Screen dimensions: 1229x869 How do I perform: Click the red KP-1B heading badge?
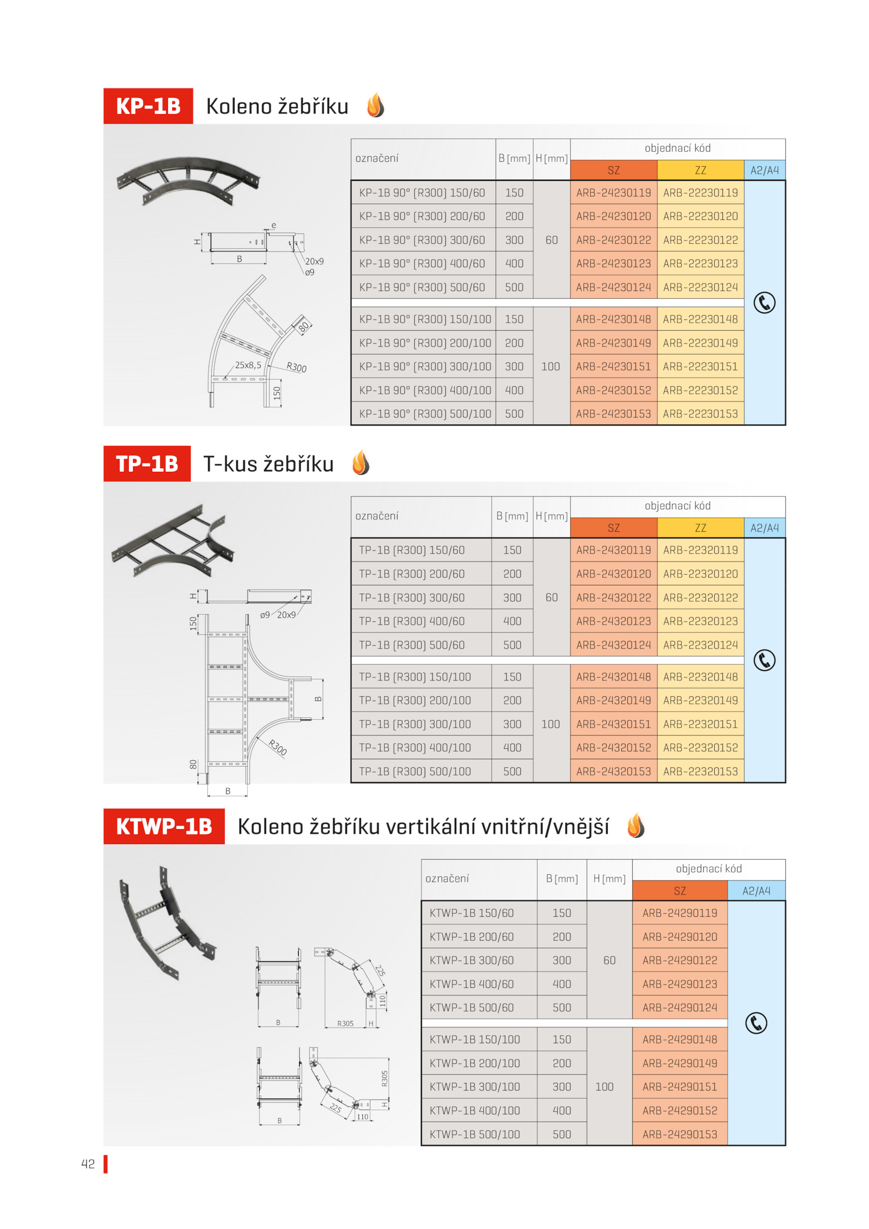148,106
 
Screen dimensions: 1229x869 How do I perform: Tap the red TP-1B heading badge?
147,463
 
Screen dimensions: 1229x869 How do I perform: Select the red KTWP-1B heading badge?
163,826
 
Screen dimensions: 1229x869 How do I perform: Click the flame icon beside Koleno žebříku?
375,105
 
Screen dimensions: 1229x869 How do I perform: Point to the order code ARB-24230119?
613,193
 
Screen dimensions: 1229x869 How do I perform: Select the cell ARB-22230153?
700,414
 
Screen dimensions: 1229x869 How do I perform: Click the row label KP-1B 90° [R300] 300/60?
421,240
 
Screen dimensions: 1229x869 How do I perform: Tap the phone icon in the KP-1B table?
764,302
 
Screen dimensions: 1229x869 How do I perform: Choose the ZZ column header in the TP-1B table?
700,528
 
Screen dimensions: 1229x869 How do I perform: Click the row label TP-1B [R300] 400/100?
414,748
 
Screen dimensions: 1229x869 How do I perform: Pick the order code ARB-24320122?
613,597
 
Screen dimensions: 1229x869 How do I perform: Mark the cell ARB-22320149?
700,701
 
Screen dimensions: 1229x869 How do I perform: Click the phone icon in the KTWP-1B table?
756,1023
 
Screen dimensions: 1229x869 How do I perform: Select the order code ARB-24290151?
679,1087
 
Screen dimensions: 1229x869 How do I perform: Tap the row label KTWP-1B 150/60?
471,913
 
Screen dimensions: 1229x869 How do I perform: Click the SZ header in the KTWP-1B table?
679,891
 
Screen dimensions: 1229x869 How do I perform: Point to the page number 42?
88,1164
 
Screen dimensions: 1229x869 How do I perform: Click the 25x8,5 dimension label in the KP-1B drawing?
248,365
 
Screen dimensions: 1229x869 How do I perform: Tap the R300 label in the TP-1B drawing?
278,747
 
